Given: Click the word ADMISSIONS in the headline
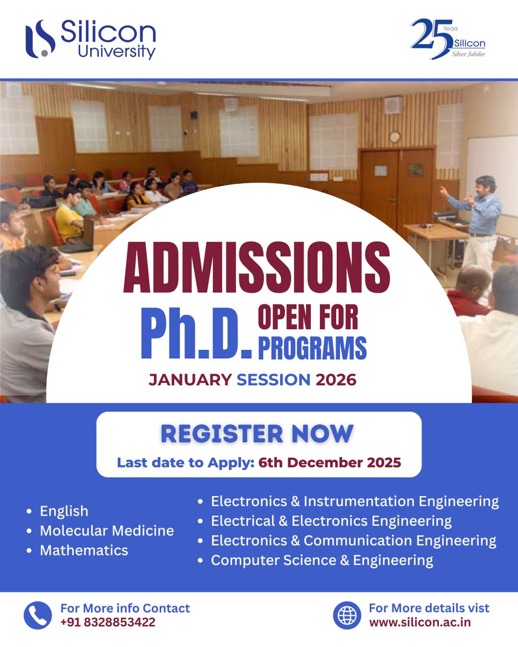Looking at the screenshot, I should pyautogui.click(x=256, y=267).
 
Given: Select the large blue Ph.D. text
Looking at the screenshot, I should pyautogui.click(x=196, y=335).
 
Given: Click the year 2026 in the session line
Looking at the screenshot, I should pyautogui.click(x=336, y=379).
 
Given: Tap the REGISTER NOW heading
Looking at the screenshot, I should pyautogui.click(x=257, y=434).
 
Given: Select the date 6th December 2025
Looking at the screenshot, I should pyautogui.click(x=329, y=463).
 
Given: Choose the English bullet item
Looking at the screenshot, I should pyautogui.click(x=64, y=511).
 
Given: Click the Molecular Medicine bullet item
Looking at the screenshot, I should pyautogui.click(x=107, y=531).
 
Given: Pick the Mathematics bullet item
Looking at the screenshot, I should pyautogui.click(x=84, y=550).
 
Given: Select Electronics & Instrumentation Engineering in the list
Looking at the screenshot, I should pyautogui.click(x=355, y=501).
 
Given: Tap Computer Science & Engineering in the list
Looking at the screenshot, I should pyautogui.click(x=322, y=560).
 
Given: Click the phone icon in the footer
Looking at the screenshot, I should pyautogui.click(x=38, y=615).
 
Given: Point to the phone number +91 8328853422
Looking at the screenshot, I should pyautogui.click(x=108, y=622).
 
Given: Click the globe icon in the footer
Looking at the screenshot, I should pyautogui.click(x=346, y=615).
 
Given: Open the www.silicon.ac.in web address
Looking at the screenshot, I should pyautogui.click(x=420, y=622).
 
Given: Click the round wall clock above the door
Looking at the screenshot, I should pyautogui.click(x=395, y=137).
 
